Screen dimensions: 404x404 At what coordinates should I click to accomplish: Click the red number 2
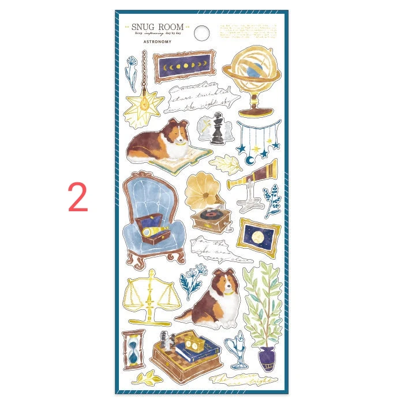tap(77, 198)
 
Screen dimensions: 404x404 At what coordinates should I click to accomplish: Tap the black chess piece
tap(218, 129)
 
